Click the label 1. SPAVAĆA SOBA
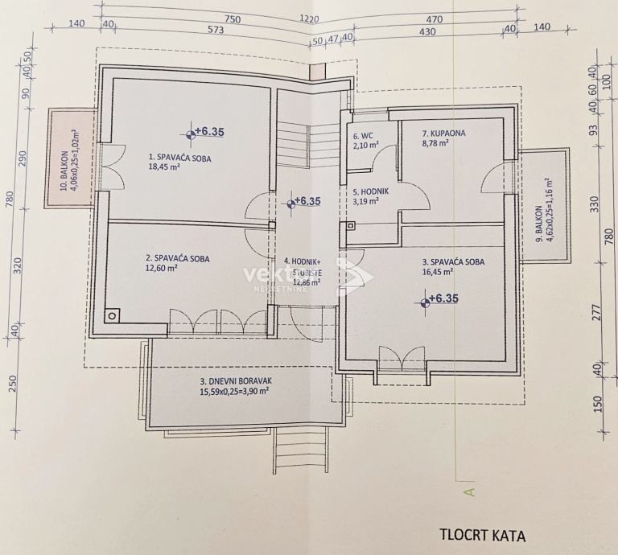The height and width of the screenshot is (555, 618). pyautogui.click(x=179, y=158)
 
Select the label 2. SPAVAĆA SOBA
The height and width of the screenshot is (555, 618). pyautogui.click(x=178, y=258)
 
